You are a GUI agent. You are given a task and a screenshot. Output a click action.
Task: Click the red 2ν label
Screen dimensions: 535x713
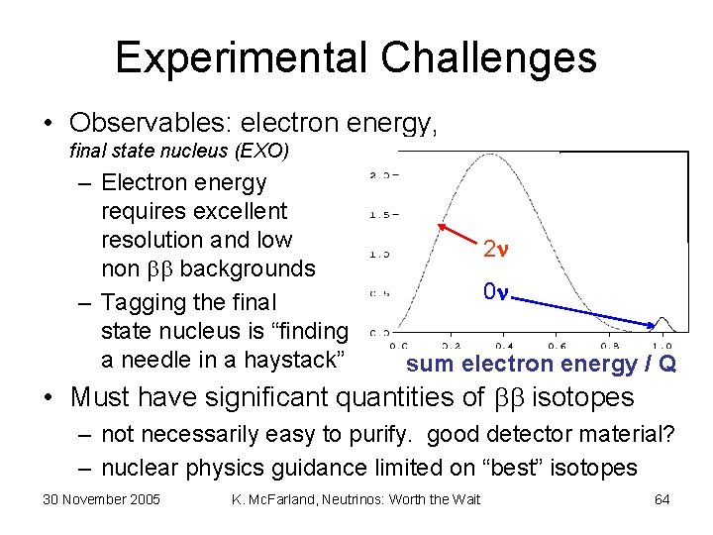click(x=495, y=250)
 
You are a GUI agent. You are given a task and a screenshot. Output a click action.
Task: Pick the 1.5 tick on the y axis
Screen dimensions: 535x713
click(x=378, y=214)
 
